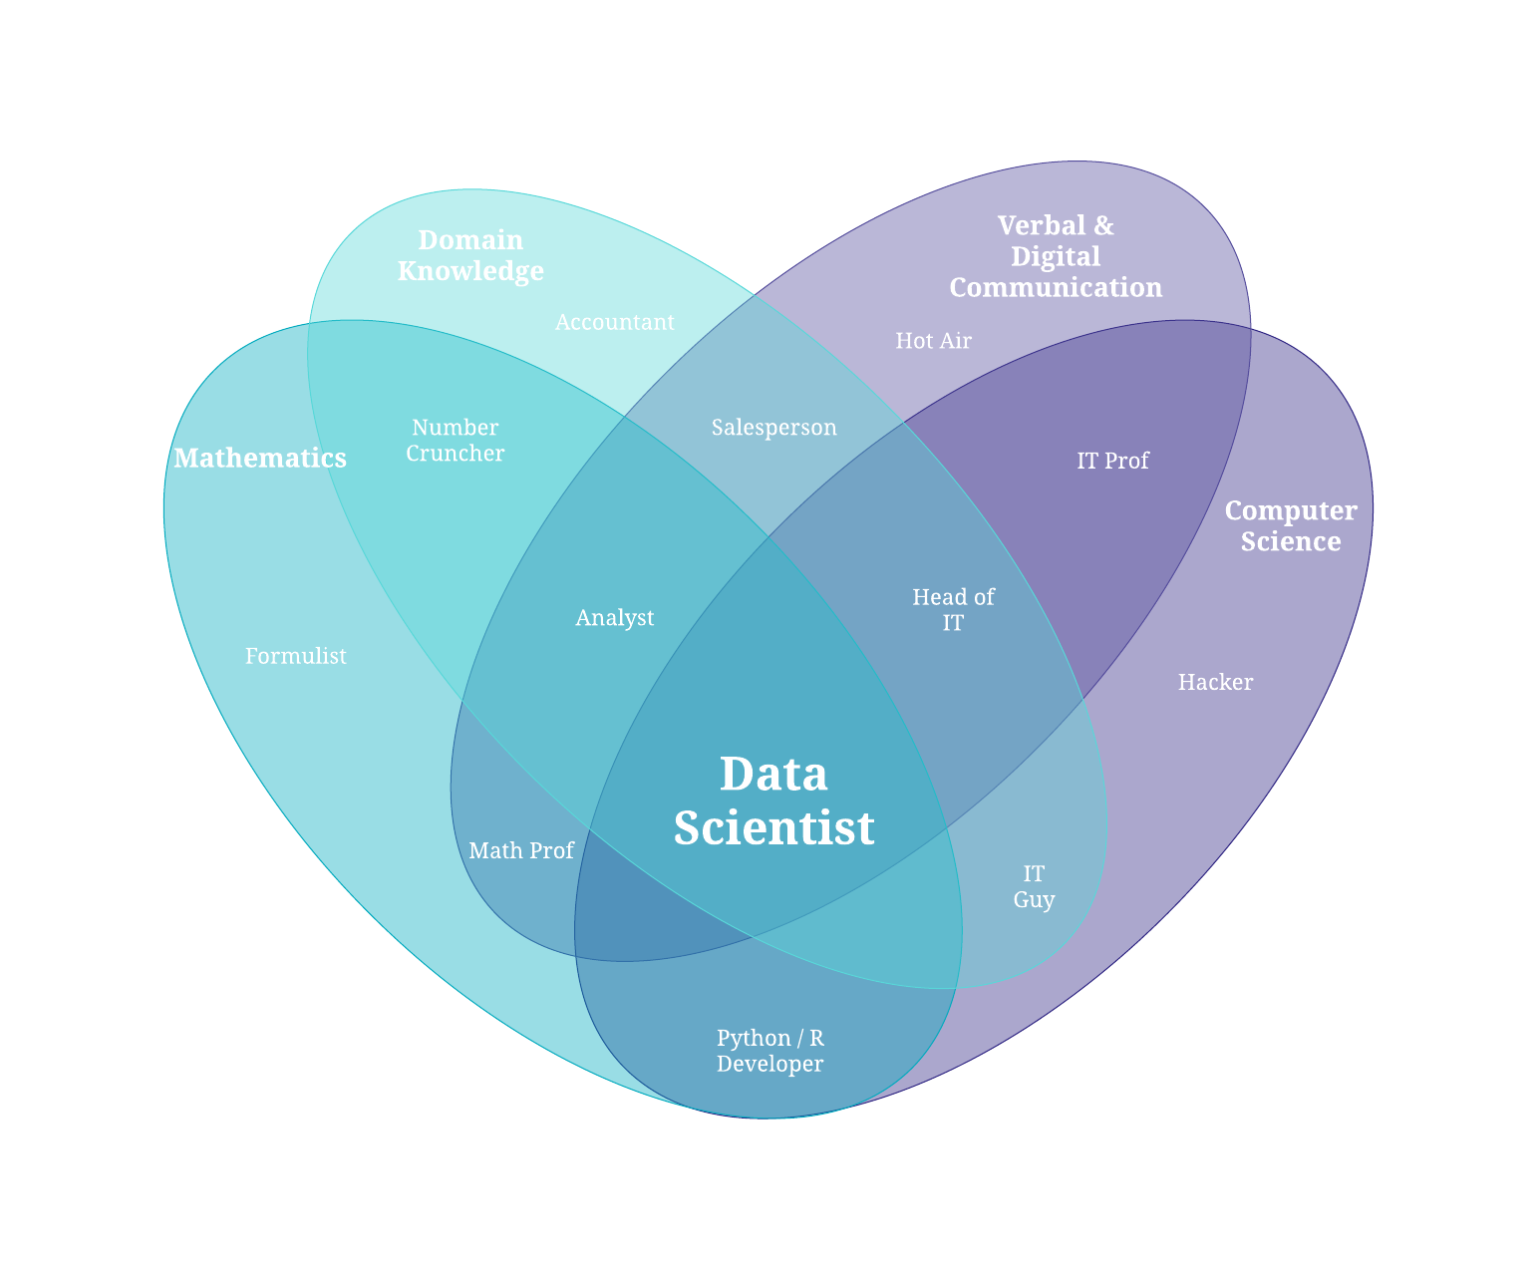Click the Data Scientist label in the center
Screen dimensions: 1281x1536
tap(773, 801)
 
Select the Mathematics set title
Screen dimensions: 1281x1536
tap(260, 458)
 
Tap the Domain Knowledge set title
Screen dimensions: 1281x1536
tap(470, 255)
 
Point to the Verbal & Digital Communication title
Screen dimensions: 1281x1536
tap(1056, 256)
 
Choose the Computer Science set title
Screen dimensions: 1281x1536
tap(1291, 525)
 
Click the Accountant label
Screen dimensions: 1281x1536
tap(615, 322)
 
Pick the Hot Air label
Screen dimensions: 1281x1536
tap(933, 341)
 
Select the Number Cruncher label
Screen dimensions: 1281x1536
tap(456, 440)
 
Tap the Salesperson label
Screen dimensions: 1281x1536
tap(774, 428)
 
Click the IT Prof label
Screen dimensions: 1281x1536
tap(1112, 461)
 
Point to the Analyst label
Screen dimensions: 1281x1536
tap(615, 618)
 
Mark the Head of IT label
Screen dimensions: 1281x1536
tap(953, 609)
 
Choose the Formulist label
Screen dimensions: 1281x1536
tap(296, 656)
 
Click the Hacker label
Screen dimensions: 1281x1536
tap(1215, 682)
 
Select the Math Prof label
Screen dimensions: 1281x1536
tap(521, 850)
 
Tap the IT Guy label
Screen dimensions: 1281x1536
tap(1034, 886)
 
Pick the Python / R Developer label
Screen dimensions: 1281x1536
tap(770, 1051)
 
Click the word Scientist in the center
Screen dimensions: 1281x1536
tap(773, 827)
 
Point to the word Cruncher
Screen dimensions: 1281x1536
tap(456, 454)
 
